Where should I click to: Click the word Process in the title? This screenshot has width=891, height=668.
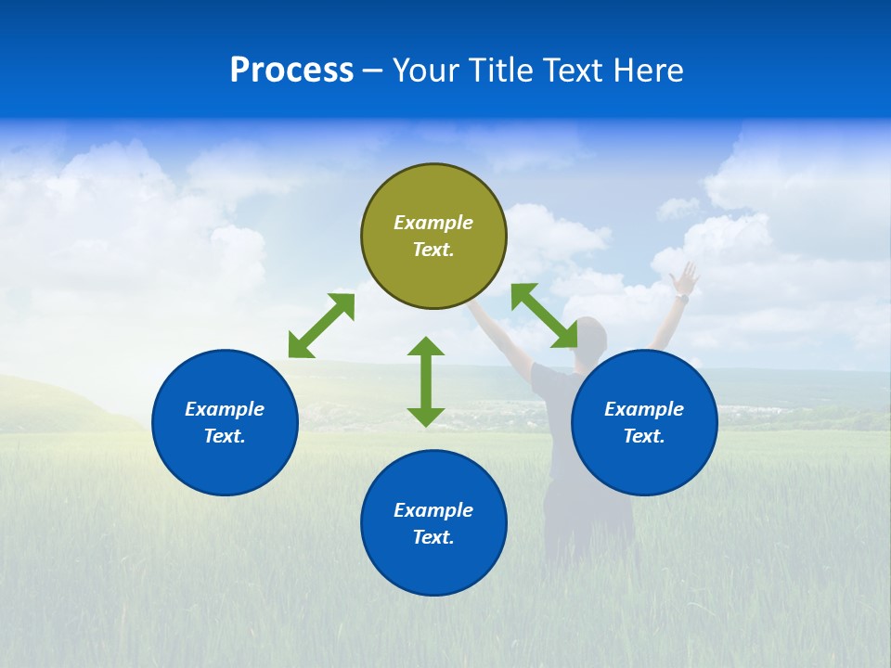[291, 71]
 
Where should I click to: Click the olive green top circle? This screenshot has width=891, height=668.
[433, 236]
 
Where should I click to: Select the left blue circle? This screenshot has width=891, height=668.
[225, 422]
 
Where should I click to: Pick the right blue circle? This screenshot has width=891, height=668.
[644, 422]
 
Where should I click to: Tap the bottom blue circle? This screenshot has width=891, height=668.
[433, 522]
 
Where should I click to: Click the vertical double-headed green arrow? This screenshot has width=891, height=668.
[426, 381]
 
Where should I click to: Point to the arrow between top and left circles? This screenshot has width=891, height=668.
[321, 326]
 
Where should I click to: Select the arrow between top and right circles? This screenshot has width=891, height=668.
[544, 315]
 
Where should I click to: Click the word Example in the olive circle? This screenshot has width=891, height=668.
[433, 223]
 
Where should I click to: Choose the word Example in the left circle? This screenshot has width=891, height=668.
[225, 409]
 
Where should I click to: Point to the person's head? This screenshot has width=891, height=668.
[592, 336]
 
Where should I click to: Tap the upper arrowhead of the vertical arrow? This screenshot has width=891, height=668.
[426, 347]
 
